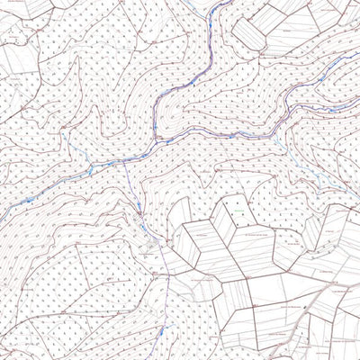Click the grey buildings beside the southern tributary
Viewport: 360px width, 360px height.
(148, 238)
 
